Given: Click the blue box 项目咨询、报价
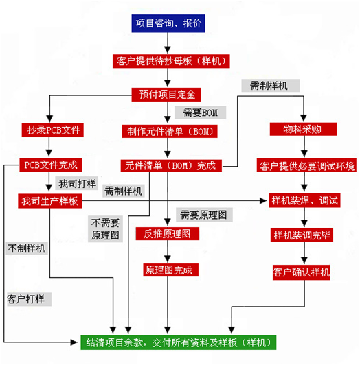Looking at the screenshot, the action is tap(168, 23).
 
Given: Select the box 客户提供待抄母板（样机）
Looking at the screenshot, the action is tap(171, 61).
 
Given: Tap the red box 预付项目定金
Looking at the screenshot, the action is tap(166, 95).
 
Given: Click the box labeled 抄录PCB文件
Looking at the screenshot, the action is tap(53, 130).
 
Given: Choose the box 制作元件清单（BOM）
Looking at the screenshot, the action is tap(170, 131).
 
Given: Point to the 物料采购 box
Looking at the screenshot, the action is tap(303, 129).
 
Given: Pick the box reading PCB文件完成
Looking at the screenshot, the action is tap(51, 165).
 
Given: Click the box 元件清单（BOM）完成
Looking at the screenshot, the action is tap(171, 166).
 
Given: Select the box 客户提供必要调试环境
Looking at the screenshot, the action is tap(306, 165).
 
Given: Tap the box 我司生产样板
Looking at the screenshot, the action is tap(50, 201).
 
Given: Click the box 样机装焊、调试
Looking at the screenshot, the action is tap(304, 200).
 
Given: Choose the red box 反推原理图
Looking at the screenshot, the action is tap(168, 234).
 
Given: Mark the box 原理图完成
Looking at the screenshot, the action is tap(170, 270).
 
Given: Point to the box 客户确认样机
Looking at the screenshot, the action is tap(302, 272).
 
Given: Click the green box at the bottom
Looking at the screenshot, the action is tap(179, 342).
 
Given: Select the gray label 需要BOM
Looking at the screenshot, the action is tap(201, 113).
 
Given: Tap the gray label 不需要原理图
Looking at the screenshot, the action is tap(105, 229).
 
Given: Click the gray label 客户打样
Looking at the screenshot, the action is tap(29, 299).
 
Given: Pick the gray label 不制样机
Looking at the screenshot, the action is tap(27, 248).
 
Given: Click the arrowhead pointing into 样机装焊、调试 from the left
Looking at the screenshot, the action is tap(263, 200).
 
